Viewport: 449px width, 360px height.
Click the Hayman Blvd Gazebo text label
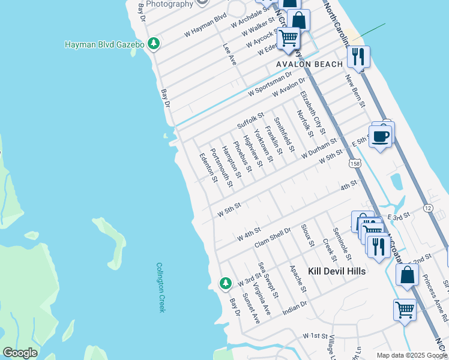click(105, 44)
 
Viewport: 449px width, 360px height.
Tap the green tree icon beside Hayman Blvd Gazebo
click(154, 44)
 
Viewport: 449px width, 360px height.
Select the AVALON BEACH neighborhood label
click(309, 64)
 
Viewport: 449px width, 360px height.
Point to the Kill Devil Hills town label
click(337, 271)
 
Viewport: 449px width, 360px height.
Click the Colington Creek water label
click(160, 287)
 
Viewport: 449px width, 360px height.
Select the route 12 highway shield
click(427, 208)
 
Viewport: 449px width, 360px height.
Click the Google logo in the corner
click(20, 353)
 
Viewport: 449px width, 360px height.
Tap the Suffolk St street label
click(250, 120)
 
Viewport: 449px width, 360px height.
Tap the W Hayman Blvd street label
click(205, 25)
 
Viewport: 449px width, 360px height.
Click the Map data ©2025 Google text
click(411, 355)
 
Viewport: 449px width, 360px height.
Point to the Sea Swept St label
click(268, 279)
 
